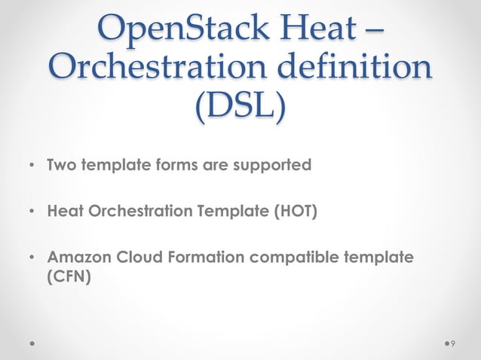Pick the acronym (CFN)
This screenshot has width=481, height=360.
click(69, 276)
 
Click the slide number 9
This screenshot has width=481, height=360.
click(452, 343)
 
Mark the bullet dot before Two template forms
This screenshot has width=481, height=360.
click(31, 165)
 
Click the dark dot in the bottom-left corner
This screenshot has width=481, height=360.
click(32, 343)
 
